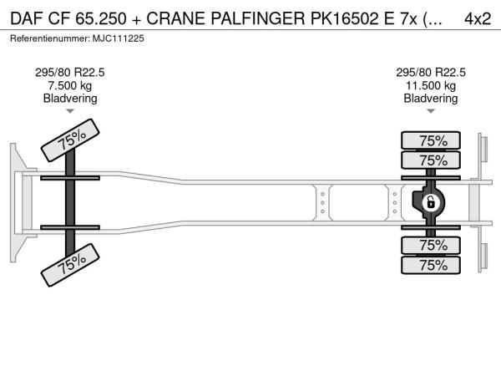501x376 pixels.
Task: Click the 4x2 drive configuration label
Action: point(478,18)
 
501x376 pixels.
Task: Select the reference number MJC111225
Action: point(119,38)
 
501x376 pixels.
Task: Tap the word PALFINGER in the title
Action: point(257,18)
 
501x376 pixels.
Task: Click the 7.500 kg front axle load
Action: point(70,86)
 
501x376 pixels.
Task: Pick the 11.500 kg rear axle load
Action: point(431,86)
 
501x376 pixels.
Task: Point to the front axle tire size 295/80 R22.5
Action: point(70,73)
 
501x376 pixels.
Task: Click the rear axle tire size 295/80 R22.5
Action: point(431,73)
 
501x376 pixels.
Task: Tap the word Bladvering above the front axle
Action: point(70,98)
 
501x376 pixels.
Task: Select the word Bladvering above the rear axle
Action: point(431,98)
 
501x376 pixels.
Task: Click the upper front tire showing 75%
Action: point(70,140)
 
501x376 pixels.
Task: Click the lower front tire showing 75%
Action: point(70,265)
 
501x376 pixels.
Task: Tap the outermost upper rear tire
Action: point(431,140)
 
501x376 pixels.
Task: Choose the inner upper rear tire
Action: point(431,160)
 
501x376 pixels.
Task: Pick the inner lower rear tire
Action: point(431,246)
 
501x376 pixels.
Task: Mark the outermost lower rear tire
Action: point(431,265)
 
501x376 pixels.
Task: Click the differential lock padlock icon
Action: point(431,203)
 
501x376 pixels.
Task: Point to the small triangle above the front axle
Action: point(70,111)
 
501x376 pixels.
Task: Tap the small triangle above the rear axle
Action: point(431,111)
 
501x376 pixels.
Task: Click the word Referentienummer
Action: point(50,38)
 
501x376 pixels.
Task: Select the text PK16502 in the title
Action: point(345,18)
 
